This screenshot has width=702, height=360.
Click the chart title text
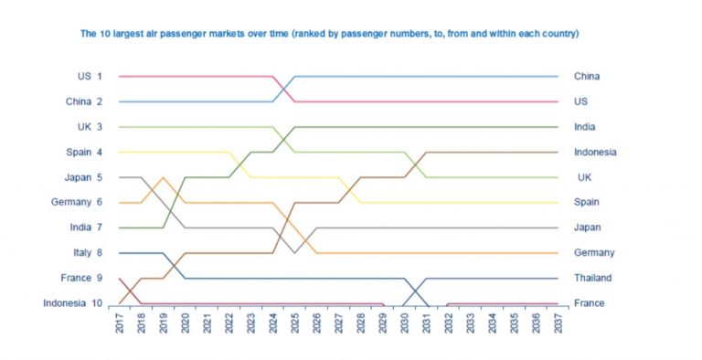coord(329,35)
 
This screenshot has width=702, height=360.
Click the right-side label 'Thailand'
coord(593,278)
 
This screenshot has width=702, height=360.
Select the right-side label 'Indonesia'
coord(595,152)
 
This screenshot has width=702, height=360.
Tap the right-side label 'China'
coord(587,77)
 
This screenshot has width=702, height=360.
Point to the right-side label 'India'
coord(585,127)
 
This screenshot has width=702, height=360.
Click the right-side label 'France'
coord(589,303)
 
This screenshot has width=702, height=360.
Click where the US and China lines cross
coord(284,89)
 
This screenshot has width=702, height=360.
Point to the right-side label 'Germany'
coord(594,252)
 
